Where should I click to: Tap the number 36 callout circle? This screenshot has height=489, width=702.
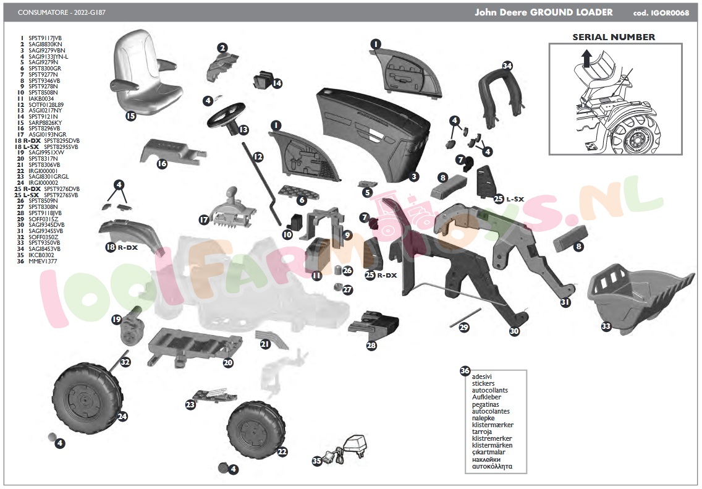tap(465, 371)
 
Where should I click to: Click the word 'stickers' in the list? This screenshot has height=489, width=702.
tap(483, 383)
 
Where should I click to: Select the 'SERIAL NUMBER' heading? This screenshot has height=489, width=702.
tap(613, 37)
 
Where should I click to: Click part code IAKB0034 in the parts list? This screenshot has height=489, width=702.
tap(41, 98)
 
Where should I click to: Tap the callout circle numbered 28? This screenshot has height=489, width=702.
tap(371, 346)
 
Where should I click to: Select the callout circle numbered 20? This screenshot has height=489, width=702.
tap(228, 363)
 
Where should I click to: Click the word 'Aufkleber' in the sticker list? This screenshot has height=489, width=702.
tap(486, 397)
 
